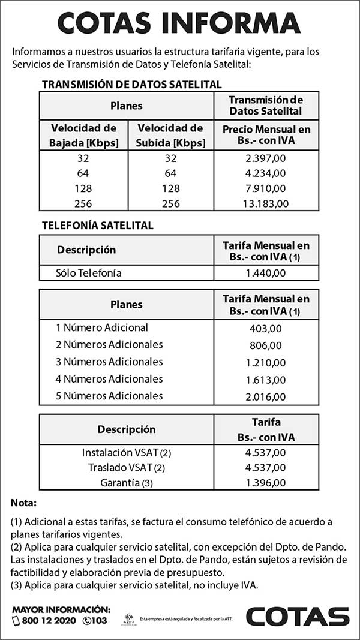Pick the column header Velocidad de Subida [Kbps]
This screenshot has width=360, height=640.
point(170,135)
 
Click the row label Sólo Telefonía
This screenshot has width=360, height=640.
point(89,273)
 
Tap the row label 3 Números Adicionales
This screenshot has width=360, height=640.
point(109,362)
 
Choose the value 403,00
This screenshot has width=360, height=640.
point(266,329)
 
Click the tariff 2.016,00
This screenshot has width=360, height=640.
point(266,396)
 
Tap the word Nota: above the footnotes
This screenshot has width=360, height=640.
point(24,502)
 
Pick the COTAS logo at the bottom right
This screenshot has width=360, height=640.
point(298,616)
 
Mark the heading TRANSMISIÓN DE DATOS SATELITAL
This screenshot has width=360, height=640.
point(131,85)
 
